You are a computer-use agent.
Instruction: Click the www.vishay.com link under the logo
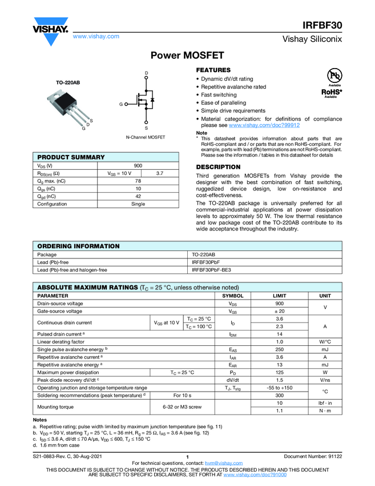pos(96,36)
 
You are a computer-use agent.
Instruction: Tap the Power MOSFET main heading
pos(187,55)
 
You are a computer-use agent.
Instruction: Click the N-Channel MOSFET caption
pos(145,138)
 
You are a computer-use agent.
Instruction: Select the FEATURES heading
pos(213,70)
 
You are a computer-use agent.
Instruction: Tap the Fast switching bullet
pos(219,95)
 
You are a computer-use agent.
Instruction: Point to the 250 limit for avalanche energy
pos(280,349)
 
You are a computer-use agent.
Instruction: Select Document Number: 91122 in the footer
pos(312,456)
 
